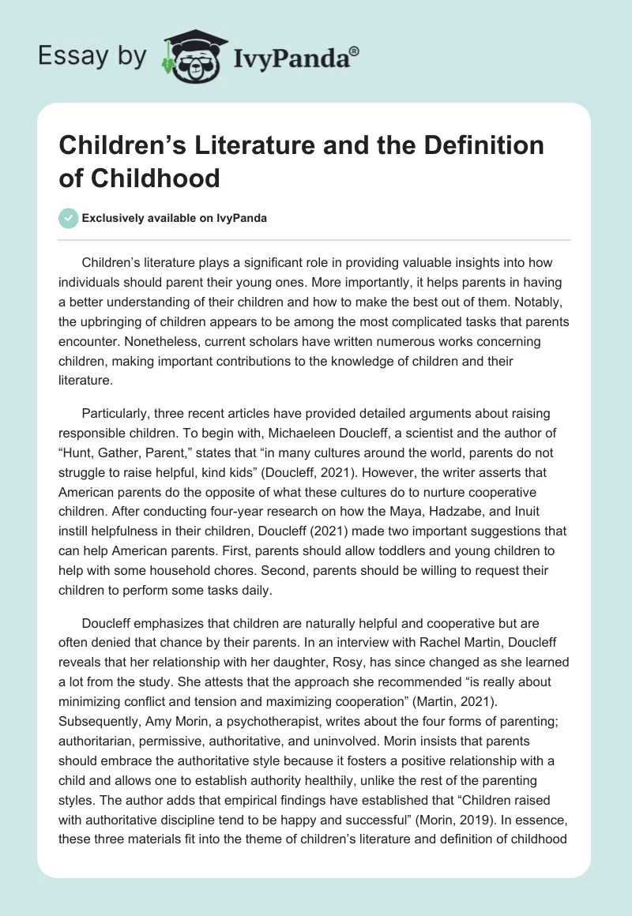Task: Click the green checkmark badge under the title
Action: tap(69, 218)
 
